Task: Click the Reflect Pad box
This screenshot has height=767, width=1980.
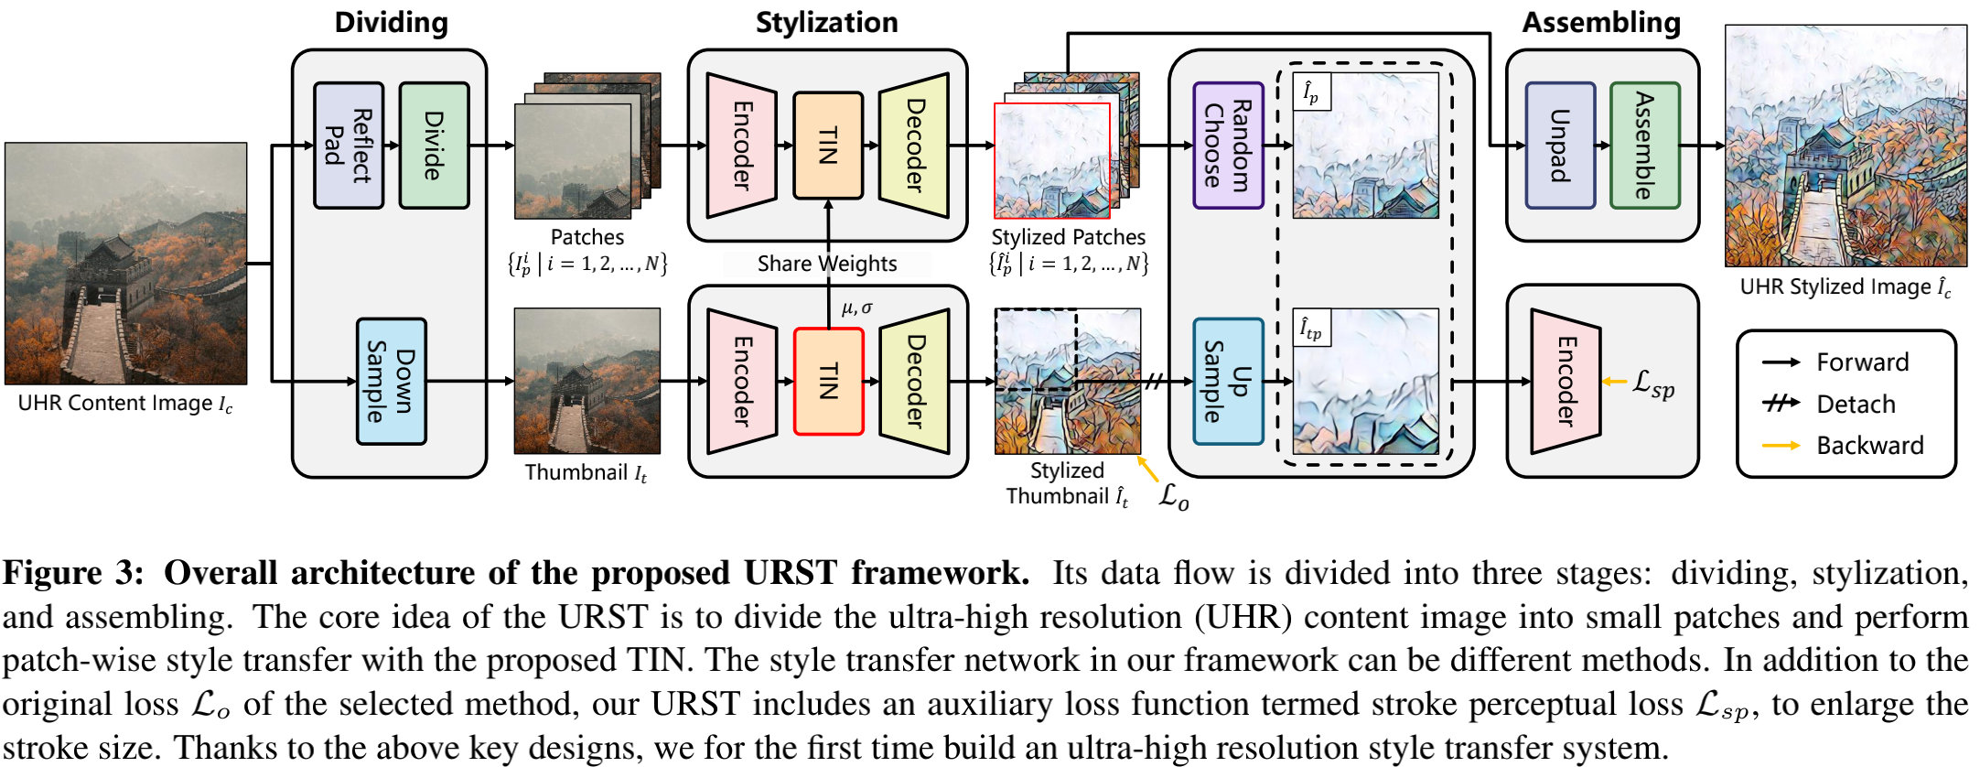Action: pos(349,146)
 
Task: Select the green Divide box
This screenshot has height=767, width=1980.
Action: pos(435,146)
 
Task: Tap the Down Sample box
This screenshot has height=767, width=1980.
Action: pos(391,381)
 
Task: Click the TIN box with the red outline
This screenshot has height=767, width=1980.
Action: pos(828,381)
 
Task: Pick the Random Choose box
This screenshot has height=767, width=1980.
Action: pos(1228,146)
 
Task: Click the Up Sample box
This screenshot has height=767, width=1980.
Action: pos(1228,381)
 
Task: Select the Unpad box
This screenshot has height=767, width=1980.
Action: pos(1560,146)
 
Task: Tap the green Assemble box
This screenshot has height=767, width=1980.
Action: pos(1644,146)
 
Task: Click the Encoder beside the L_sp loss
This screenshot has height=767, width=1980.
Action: pos(1566,381)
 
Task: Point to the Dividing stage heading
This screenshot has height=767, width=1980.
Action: pos(391,22)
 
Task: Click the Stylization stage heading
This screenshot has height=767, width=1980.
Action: pos(826,22)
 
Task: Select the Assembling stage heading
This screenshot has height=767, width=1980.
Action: pos(1600,22)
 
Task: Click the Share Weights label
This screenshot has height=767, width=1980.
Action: pos(826,264)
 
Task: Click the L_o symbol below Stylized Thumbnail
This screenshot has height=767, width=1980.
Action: pos(1173,497)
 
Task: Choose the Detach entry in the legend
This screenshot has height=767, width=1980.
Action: pos(1855,404)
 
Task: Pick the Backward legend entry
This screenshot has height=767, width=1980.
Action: pos(1869,445)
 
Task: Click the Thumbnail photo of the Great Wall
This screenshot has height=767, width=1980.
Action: pos(586,381)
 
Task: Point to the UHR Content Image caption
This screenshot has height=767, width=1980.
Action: pos(125,404)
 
